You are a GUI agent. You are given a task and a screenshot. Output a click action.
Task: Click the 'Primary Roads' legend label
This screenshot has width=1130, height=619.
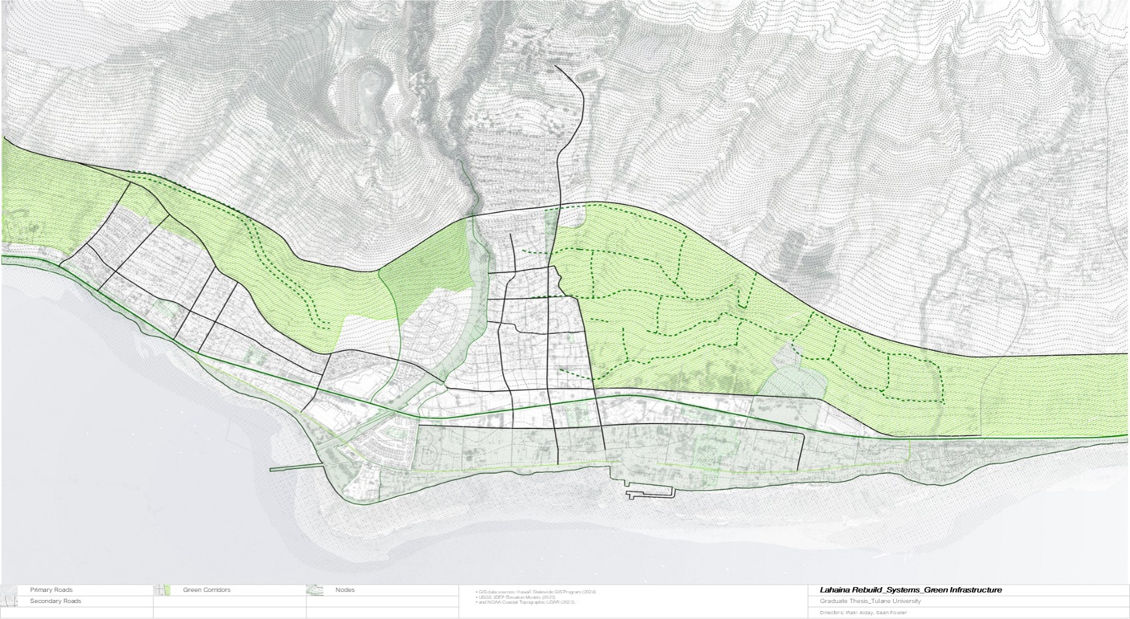point(51,590)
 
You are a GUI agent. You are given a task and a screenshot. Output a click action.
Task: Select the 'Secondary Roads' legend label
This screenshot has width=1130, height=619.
point(55,601)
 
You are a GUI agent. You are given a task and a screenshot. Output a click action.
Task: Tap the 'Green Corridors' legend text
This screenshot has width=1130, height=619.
point(206,590)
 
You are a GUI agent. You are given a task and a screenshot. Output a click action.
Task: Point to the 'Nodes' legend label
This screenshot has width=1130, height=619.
point(344,590)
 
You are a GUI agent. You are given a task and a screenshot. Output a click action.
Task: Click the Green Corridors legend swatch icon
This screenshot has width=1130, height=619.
point(162,590)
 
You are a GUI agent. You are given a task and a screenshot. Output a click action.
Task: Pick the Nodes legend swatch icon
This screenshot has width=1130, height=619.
point(314,590)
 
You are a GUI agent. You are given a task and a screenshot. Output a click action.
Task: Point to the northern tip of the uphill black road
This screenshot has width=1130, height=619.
point(556,66)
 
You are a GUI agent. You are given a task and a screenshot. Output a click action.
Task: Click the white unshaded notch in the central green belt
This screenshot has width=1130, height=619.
point(366,335)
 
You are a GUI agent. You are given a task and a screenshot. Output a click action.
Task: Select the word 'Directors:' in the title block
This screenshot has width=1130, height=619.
point(831,613)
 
